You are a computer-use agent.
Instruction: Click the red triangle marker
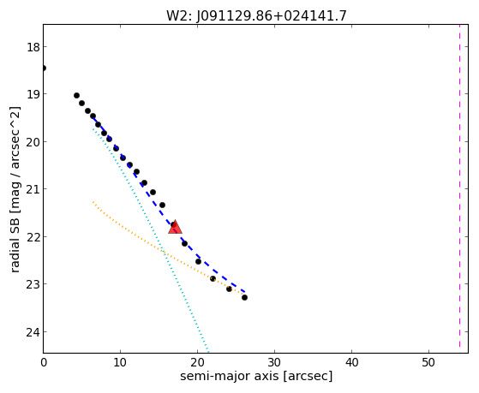click(x=175, y=227)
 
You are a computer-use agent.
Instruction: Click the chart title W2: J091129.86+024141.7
click(x=256, y=16)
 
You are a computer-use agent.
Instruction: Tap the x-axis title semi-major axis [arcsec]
click(x=256, y=376)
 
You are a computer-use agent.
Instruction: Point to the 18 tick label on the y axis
click(x=33, y=47)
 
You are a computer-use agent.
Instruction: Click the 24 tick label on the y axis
click(x=33, y=332)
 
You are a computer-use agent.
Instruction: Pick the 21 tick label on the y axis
click(x=33, y=189)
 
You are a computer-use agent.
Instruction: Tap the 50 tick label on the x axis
click(x=428, y=362)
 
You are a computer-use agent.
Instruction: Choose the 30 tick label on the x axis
click(x=274, y=362)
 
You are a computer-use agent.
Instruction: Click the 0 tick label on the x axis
click(x=44, y=362)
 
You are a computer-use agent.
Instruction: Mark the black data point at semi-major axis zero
click(x=44, y=68)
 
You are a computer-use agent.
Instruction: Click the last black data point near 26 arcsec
click(x=244, y=297)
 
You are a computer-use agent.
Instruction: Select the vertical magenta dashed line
click(x=459, y=186)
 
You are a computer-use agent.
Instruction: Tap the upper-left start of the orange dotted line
click(x=93, y=202)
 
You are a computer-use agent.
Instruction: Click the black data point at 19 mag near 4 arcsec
click(x=76, y=96)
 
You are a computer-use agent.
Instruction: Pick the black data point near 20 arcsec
click(x=198, y=261)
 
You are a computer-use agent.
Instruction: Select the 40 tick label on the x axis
click(x=351, y=362)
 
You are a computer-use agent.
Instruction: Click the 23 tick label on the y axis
click(x=33, y=284)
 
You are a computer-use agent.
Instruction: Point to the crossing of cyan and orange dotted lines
click(x=165, y=253)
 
